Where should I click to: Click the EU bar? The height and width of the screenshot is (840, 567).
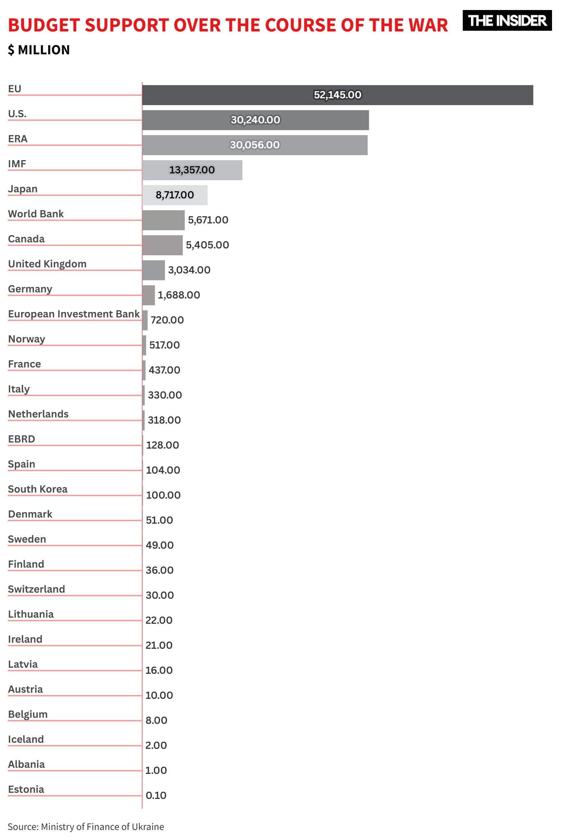click(x=337, y=95)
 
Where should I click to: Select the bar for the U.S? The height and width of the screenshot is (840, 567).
click(x=255, y=120)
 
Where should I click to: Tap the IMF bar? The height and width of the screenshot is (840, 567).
click(x=192, y=170)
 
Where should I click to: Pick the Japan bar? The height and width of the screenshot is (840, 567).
click(x=175, y=195)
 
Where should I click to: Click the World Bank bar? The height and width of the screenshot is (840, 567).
click(x=163, y=220)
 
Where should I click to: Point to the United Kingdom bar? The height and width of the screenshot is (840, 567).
click(x=154, y=270)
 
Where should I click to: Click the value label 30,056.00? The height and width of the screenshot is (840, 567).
click(x=255, y=145)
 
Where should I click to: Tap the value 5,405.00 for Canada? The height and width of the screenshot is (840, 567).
click(x=207, y=245)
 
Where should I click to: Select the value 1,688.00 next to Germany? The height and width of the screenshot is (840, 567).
click(x=179, y=295)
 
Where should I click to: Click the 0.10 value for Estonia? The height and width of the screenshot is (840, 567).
click(x=156, y=795)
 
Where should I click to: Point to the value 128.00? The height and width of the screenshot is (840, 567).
click(x=162, y=445)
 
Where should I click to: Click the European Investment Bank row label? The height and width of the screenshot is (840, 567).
click(x=74, y=314)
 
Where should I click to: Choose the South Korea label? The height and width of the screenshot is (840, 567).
click(x=37, y=489)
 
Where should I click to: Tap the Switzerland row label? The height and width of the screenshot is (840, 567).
click(x=36, y=589)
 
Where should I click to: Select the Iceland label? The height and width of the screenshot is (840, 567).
click(x=26, y=739)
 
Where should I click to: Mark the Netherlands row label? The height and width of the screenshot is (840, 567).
click(x=38, y=414)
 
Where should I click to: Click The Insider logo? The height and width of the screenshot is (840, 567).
click(x=507, y=21)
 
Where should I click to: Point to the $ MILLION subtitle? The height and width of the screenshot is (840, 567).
click(x=39, y=50)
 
